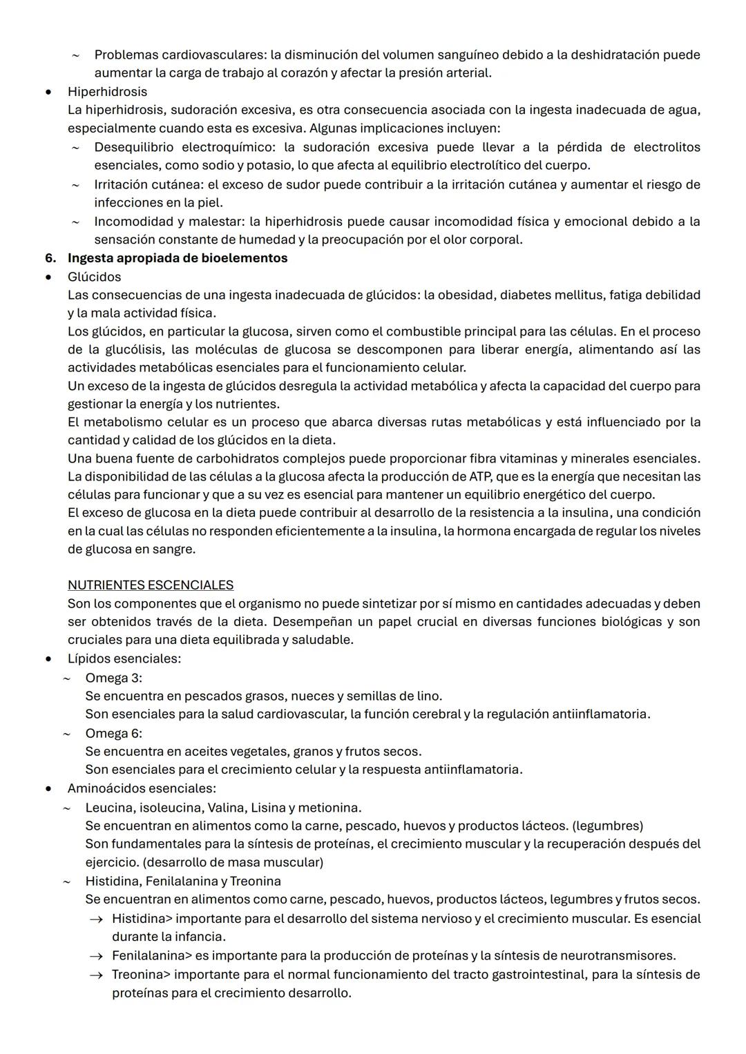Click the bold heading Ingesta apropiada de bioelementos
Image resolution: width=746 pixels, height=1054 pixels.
pos(178,258)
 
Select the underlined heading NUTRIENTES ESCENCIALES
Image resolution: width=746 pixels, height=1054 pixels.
pos(151,585)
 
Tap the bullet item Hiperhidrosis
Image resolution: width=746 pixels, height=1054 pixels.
pos(107,92)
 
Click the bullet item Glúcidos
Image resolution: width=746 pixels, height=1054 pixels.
pos(94,277)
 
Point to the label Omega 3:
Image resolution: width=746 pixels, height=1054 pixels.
pos(113,678)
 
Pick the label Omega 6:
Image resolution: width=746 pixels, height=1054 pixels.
pos(113,733)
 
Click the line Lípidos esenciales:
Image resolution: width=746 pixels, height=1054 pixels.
pos(124,658)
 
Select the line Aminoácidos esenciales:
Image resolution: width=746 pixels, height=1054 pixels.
pos(142,788)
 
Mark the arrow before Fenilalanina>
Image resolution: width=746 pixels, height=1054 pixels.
pos(98,956)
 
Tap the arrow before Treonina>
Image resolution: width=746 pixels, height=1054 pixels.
pos(98,975)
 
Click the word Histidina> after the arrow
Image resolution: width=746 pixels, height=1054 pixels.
pos(142,919)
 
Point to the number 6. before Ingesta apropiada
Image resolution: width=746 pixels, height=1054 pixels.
pos(50,258)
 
